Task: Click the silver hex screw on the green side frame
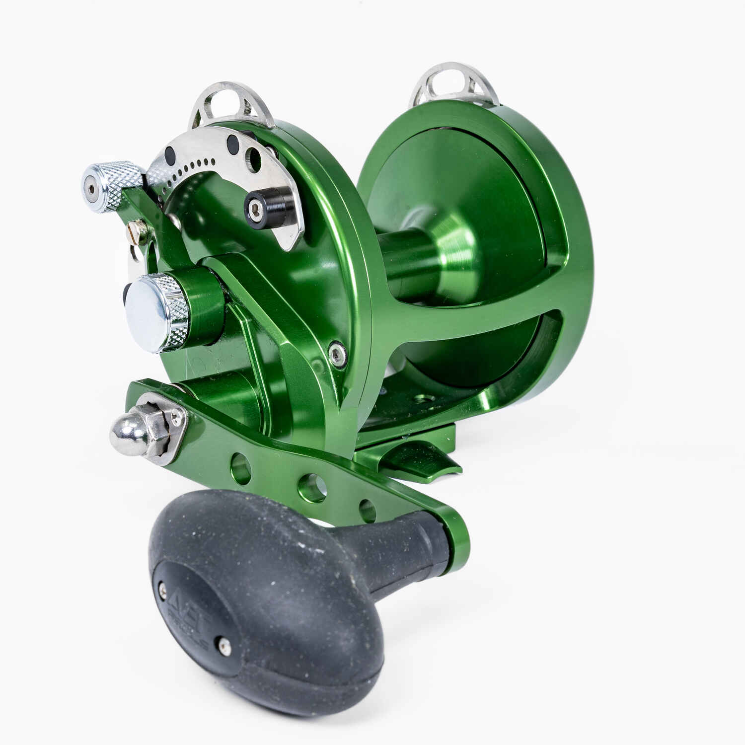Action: pos(338,354)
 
